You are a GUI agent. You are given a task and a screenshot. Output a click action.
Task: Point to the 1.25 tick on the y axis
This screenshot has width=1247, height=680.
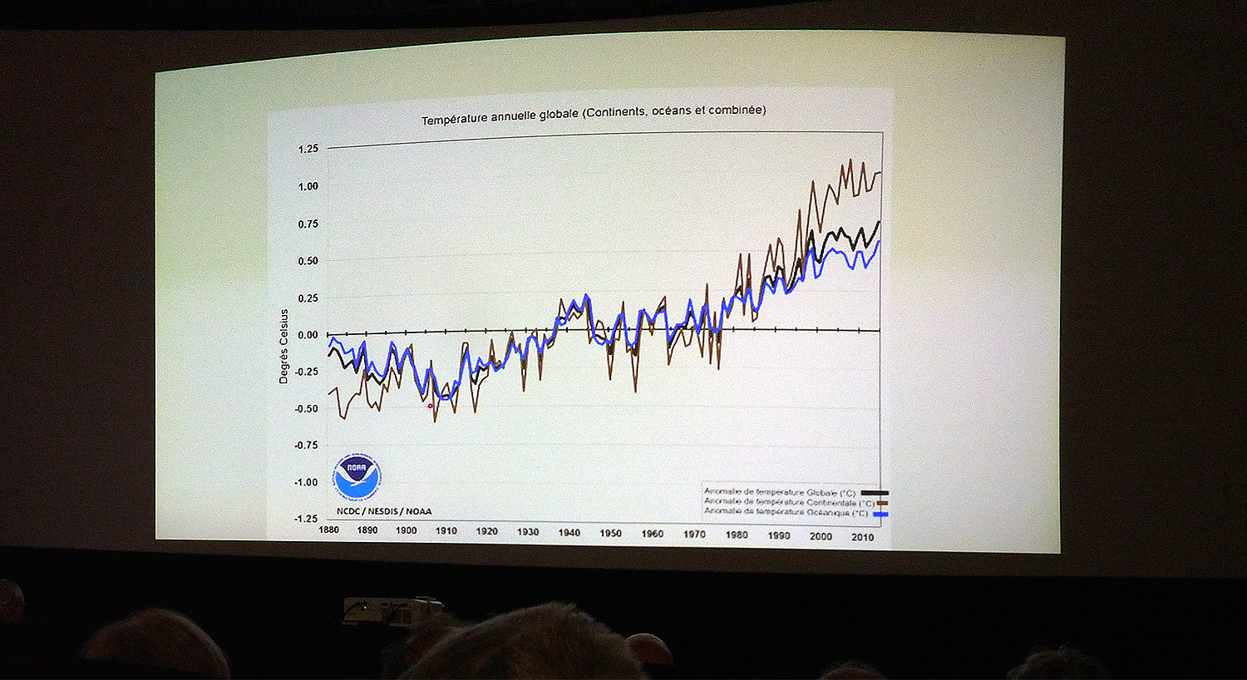click(x=308, y=149)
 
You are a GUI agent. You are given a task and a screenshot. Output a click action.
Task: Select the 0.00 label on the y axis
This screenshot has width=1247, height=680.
click(x=308, y=335)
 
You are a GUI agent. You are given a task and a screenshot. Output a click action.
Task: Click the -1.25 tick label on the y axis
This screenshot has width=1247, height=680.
click(x=306, y=519)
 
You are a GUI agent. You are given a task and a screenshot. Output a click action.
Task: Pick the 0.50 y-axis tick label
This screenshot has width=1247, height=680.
click(x=308, y=261)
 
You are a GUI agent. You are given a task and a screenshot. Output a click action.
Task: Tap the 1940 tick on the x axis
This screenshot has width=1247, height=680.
click(x=569, y=533)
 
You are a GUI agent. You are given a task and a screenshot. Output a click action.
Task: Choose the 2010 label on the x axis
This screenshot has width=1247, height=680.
click(x=862, y=537)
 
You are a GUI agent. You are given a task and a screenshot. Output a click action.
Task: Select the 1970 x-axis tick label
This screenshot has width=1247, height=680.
click(x=694, y=534)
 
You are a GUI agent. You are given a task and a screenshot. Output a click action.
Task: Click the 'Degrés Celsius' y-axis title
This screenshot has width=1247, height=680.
click(x=284, y=346)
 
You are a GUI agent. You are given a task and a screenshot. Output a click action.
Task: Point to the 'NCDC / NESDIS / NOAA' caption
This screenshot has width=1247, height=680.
click(x=384, y=511)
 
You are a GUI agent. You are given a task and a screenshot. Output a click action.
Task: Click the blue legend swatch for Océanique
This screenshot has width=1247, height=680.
click(x=881, y=515)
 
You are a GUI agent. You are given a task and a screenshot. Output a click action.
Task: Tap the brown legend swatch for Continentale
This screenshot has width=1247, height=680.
click(x=882, y=504)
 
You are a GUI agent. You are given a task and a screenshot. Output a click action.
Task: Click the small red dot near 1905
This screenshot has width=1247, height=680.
click(x=430, y=406)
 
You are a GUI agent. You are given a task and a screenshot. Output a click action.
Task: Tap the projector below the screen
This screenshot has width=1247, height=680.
click(x=392, y=609)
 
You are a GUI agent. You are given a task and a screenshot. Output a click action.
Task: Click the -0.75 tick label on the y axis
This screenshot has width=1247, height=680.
click(x=306, y=446)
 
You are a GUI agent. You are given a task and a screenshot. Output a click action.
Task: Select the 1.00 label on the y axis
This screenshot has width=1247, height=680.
click(x=308, y=186)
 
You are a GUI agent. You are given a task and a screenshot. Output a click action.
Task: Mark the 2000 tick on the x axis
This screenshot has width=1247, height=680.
click(x=821, y=536)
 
